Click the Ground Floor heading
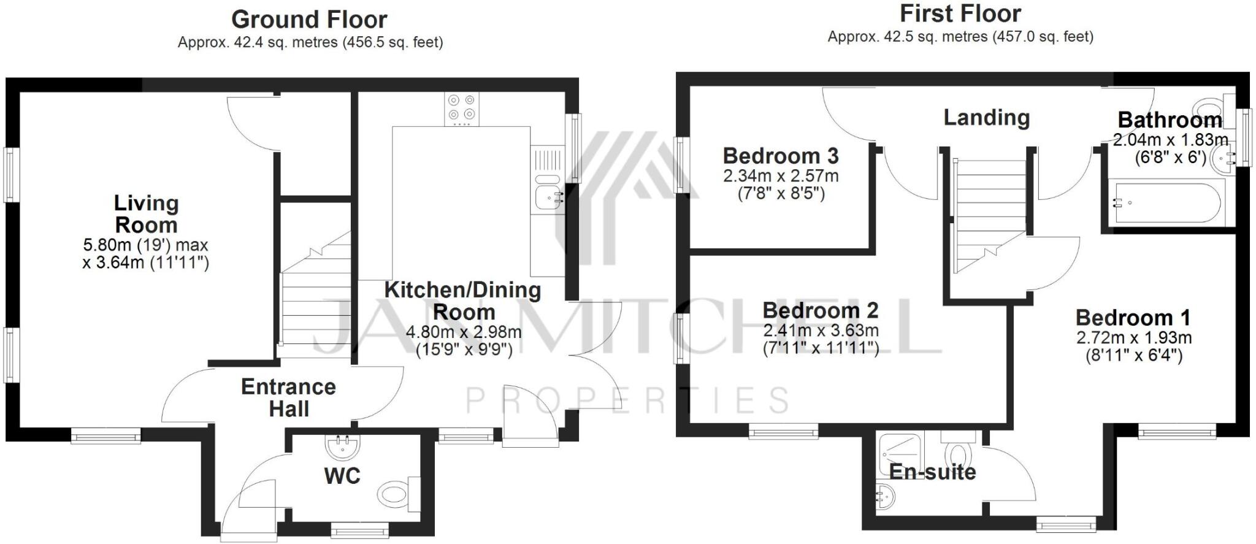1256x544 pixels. [x=309, y=20]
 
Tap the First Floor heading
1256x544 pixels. [x=960, y=13]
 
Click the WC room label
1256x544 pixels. [x=342, y=475]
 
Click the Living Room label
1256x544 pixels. [x=146, y=213]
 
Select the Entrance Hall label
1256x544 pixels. [x=288, y=397]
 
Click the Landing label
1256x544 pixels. [x=986, y=117]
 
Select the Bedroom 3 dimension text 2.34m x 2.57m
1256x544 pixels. [x=780, y=176]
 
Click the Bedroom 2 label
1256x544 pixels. [x=820, y=310]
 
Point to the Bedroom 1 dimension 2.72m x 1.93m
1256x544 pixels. [x=1133, y=337]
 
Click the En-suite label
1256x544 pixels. [x=932, y=472]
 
